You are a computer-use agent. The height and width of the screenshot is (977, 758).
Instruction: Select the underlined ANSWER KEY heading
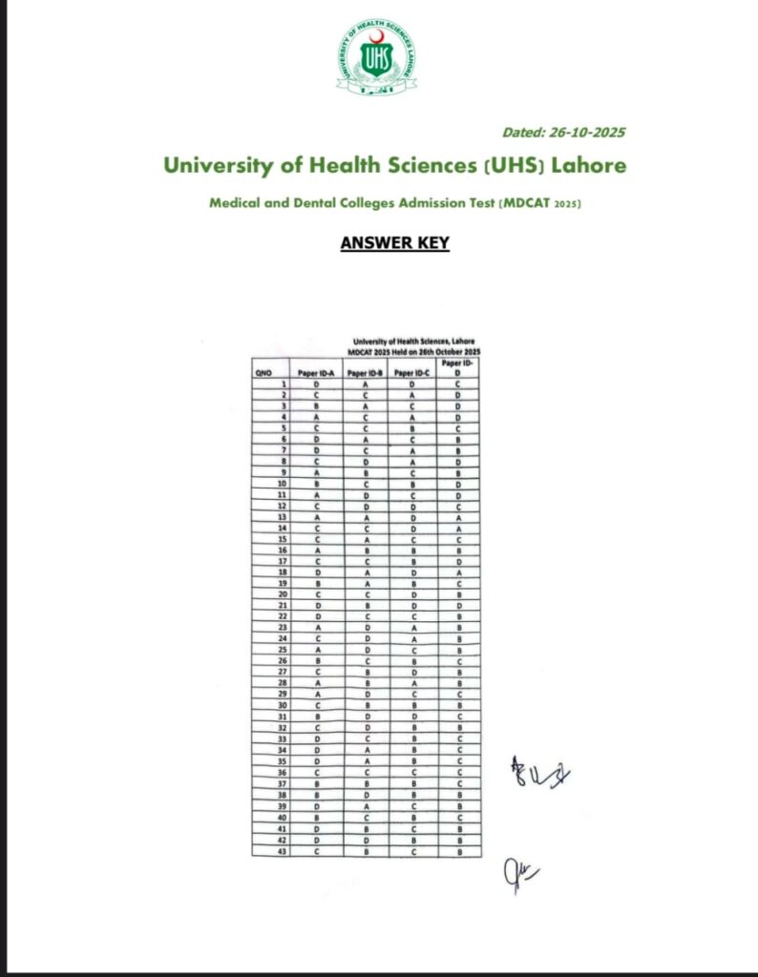point(394,243)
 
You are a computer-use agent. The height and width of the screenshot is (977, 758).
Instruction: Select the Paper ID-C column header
point(413,374)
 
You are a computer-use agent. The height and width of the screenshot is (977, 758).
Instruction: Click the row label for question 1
point(284,384)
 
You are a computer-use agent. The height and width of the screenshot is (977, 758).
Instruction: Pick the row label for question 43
point(283,851)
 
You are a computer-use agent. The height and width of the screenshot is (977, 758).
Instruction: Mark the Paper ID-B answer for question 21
point(366,606)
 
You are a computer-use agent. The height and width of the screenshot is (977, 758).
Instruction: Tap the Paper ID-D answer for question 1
point(458,384)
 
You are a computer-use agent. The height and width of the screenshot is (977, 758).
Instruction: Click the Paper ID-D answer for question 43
point(458,851)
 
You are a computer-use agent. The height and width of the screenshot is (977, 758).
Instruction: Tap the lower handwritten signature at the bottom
point(516,871)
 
